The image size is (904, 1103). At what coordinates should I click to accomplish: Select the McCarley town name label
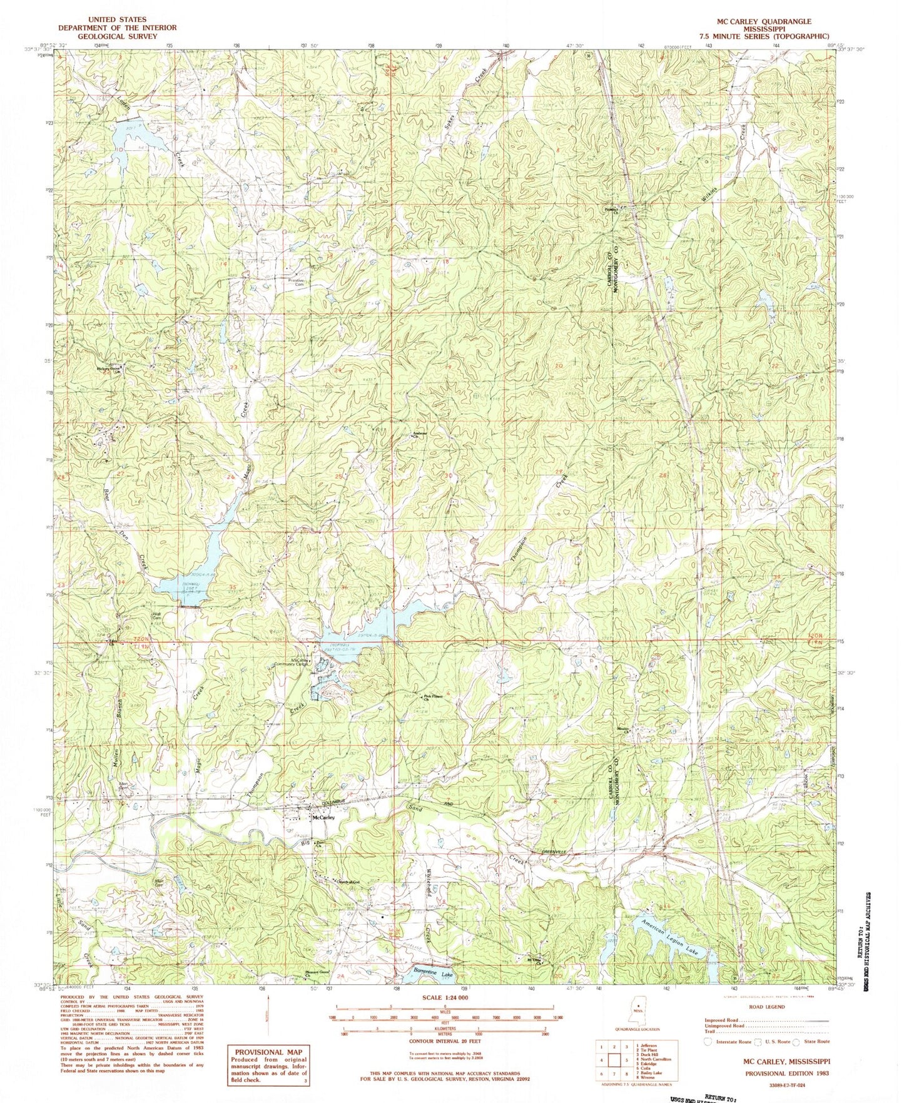[324, 817]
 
